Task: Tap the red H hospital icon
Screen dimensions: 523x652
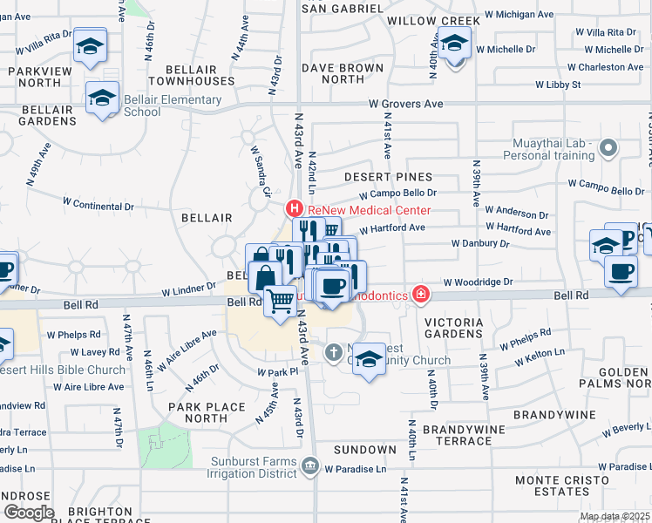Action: point(295,210)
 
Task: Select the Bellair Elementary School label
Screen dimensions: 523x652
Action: point(173,105)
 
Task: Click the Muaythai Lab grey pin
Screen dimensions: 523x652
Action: point(608,149)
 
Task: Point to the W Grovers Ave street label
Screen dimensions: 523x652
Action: point(405,104)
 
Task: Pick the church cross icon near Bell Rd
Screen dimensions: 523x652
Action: point(333,353)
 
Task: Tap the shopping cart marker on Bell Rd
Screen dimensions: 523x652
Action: point(280,302)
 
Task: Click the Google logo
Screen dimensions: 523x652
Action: point(29,512)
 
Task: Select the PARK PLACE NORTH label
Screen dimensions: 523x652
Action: point(198,412)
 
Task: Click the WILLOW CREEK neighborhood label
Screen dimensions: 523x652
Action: point(433,20)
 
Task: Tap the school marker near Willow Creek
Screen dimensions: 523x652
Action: point(454,43)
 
